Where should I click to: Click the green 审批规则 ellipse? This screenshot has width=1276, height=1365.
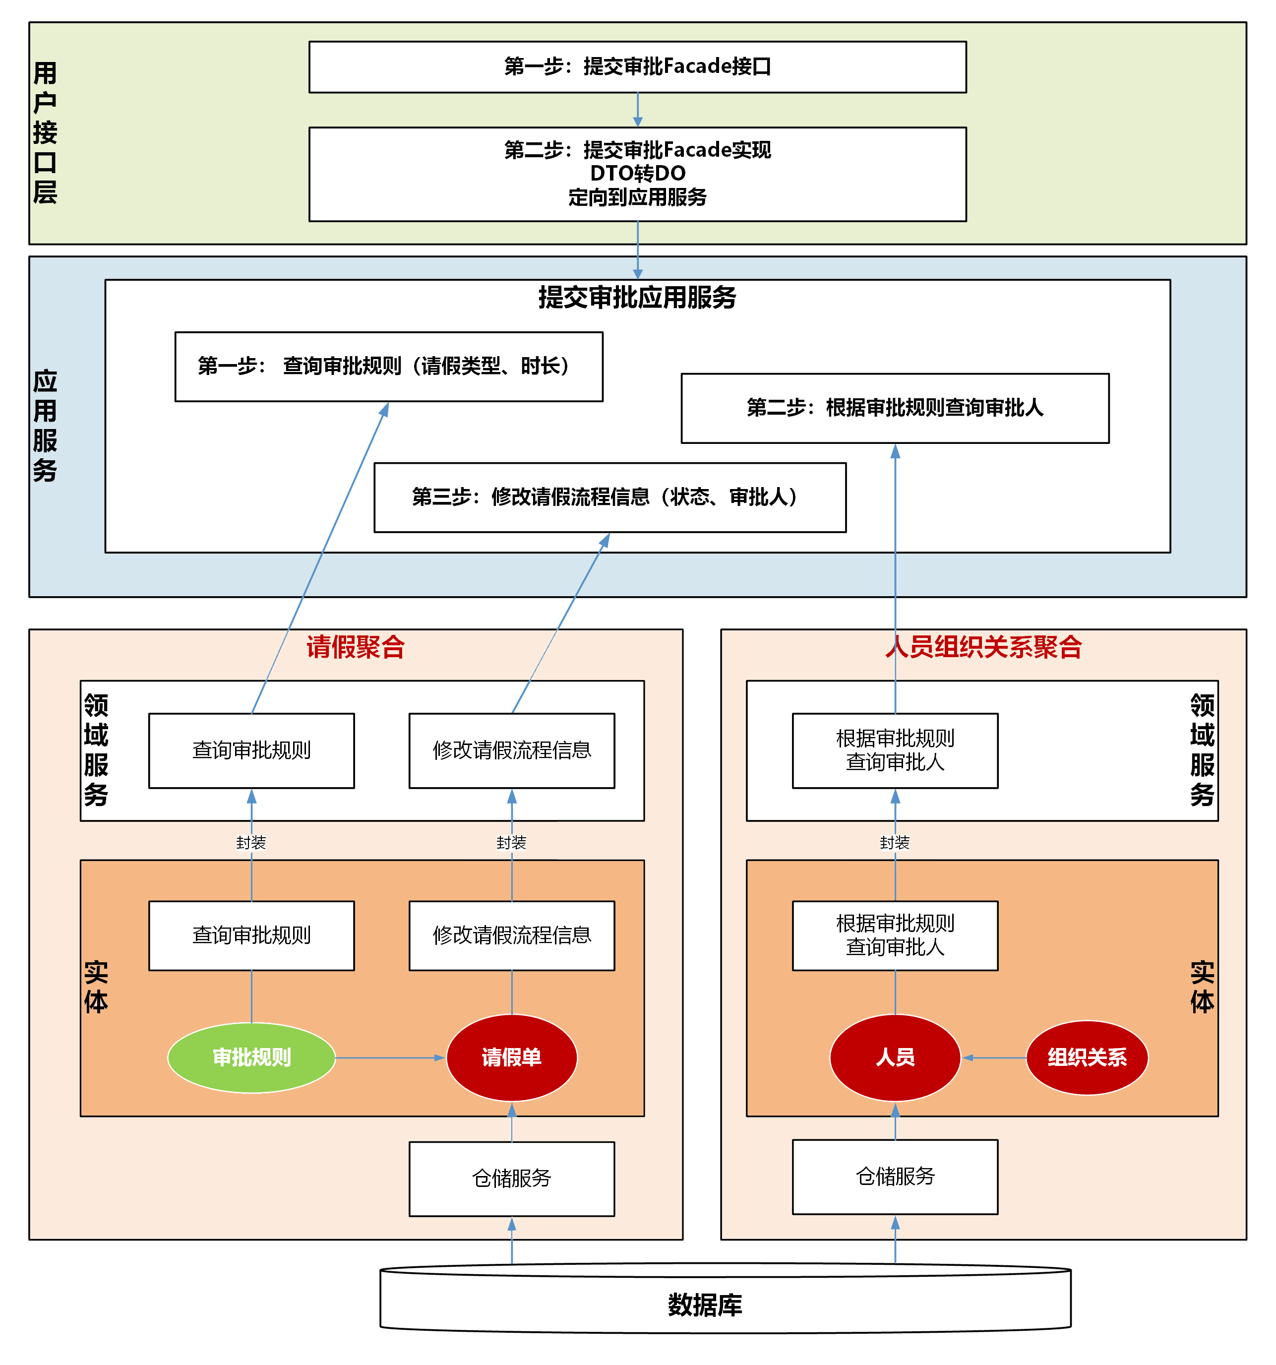pyautogui.click(x=251, y=1057)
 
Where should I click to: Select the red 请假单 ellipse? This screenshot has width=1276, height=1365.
pyautogui.click(x=511, y=1057)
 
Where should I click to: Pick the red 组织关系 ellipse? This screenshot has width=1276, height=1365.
pyautogui.click(x=1087, y=1057)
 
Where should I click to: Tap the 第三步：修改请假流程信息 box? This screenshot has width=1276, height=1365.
pyautogui.click(x=609, y=497)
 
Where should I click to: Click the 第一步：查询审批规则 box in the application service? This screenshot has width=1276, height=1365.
pyautogui.click(x=388, y=366)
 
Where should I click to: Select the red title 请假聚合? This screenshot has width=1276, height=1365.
pyautogui.click(x=356, y=647)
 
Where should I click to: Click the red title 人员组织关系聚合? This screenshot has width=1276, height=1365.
pyautogui.click(x=983, y=647)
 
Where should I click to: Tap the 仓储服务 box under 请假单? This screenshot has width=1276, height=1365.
pyautogui.click(x=511, y=1178)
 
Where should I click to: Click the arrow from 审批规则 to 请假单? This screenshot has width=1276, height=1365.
pyautogui.click(x=390, y=1057)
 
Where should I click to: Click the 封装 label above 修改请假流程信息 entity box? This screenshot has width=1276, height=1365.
pyautogui.click(x=511, y=843)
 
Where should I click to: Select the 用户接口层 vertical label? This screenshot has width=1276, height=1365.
pyautogui.click(x=45, y=132)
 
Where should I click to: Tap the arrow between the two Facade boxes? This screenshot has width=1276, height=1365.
pyautogui.click(x=638, y=110)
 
